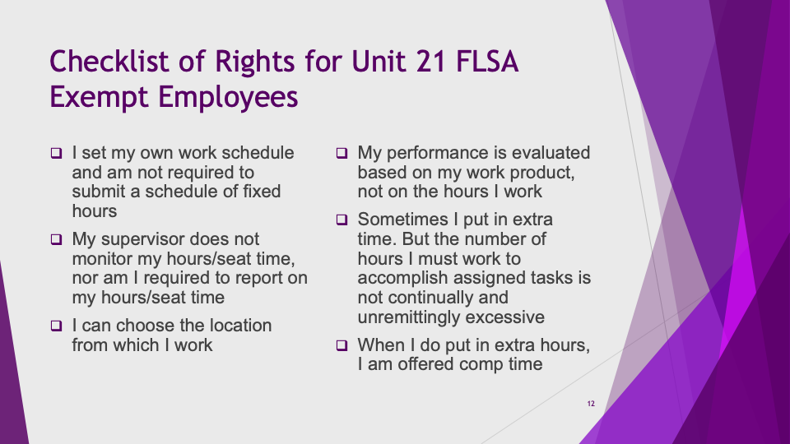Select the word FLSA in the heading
[x=486, y=62]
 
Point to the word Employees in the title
[x=228, y=97]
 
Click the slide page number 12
[x=591, y=404]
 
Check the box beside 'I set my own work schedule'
[x=57, y=153]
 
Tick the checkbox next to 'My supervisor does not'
[x=57, y=239]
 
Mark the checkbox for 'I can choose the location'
[x=57, y=326]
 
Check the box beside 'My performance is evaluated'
[x=342, y=153]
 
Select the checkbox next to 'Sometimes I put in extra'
[x=342, y=220]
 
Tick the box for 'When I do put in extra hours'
[x=342, y=345]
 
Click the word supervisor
[x=149, y=239]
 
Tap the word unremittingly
[x=409, y=317]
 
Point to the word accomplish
[x=402, y=279]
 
